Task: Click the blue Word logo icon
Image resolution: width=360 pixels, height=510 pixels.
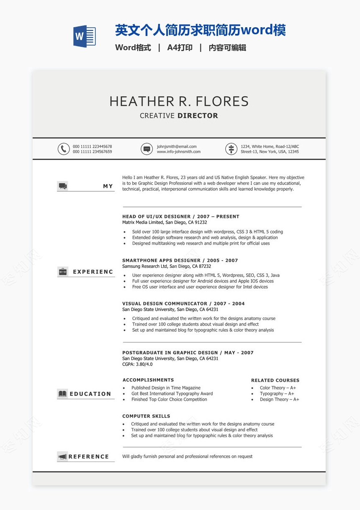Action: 84,36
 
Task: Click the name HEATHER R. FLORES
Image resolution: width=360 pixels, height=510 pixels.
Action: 179,101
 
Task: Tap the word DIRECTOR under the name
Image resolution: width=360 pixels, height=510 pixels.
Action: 198,116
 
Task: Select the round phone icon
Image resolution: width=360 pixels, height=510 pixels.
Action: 64,149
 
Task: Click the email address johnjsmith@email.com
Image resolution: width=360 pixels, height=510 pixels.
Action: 177,146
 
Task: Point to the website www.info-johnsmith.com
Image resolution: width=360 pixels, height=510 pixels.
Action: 179,152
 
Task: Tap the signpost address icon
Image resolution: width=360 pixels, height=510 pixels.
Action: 231,149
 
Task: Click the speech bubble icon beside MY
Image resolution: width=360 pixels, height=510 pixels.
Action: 63,186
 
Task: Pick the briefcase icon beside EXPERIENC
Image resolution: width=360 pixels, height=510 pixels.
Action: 63,272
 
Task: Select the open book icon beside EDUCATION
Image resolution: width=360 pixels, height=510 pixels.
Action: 63,394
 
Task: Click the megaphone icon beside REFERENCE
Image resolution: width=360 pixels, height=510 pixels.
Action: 63,456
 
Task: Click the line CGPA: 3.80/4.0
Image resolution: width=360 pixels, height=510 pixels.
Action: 137,364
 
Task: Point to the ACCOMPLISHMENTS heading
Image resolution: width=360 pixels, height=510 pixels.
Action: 148,380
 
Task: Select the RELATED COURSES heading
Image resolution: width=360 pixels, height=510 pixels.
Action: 275,380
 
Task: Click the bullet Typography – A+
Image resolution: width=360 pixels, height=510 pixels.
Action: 277,394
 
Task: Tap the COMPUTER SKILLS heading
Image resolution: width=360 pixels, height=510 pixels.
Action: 146,416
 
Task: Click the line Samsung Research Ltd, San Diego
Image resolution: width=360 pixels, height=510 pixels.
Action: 167,266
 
